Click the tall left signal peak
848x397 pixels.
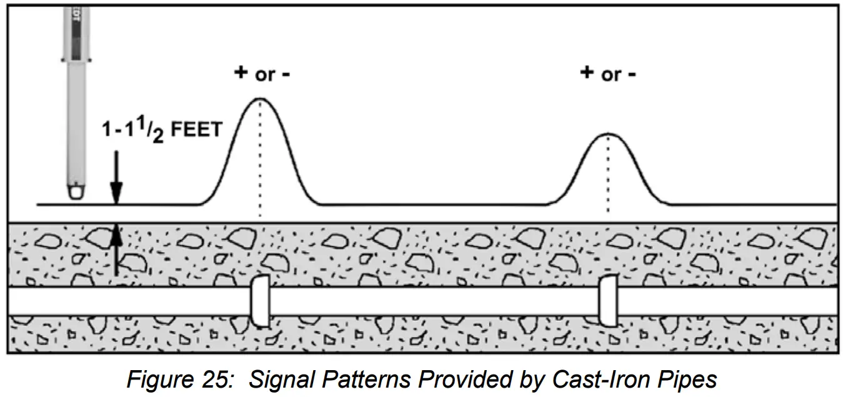pyautogui.click(x=259, y=100)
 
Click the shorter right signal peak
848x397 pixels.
pyautogui.click(x=607, y=135)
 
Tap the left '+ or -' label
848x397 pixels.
pyautogui.click(x=262, y=74)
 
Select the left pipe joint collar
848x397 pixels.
pyautogui.click(x=259, y=301)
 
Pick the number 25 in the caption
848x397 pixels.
pyautogui.click(x=212, y=379)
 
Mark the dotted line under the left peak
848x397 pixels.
pyautogui.click(x=259, y=163)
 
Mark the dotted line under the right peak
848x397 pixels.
pyautogui.click(x=607, y=178)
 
